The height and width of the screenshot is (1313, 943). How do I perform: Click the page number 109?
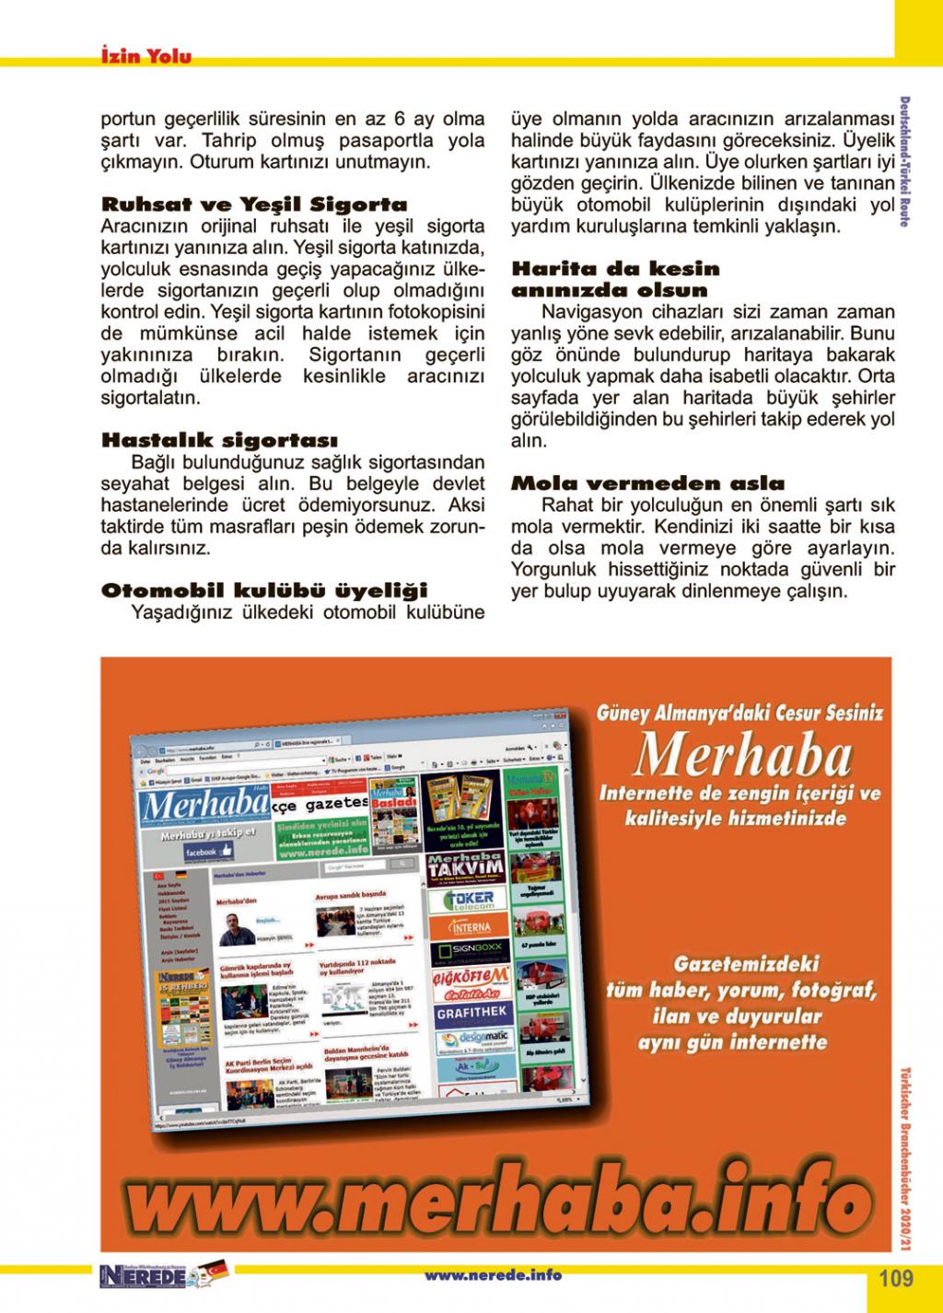point(894,1278)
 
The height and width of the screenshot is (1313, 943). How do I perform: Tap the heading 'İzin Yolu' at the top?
point(146,57)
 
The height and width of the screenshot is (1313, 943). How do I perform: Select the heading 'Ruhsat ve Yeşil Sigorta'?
point(253,204)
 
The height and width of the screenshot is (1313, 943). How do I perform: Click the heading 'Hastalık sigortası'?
point(219,440)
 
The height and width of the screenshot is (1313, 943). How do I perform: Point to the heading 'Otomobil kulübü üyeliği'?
point(264,589)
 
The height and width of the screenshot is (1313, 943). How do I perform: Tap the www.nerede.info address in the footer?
point(493,1275)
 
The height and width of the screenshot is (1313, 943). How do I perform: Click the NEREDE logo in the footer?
point(143,1277)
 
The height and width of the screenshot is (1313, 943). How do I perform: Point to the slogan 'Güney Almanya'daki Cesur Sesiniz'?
point(740,713)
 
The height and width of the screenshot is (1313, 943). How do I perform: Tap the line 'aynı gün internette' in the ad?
point(732,1042)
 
